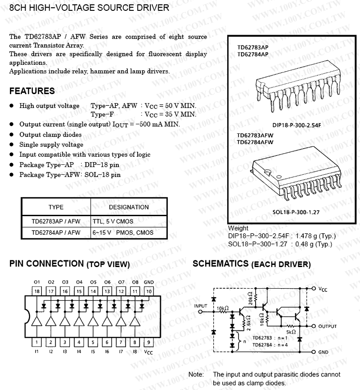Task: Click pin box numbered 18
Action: (x=37, y=291)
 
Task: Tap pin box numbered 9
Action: (x=148, y=342)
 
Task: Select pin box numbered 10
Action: (x=148, y=291)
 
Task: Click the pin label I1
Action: (x=37, y=351)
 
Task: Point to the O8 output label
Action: (x=135, y=282)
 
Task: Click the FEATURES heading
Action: (x=32, y=91)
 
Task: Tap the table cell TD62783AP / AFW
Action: (x=56, y=221)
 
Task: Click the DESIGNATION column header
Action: (x=129, y=207)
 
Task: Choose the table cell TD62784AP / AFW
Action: (x=56, y=233)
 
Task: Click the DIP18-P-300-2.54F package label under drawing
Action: (x=297, y=125)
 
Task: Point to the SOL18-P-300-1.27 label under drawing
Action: (x=296, y=212)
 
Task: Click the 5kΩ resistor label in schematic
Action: (x=290, y=332)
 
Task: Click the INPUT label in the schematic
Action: (x=201, y=306)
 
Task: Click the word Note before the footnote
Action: (x=196, y=374)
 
